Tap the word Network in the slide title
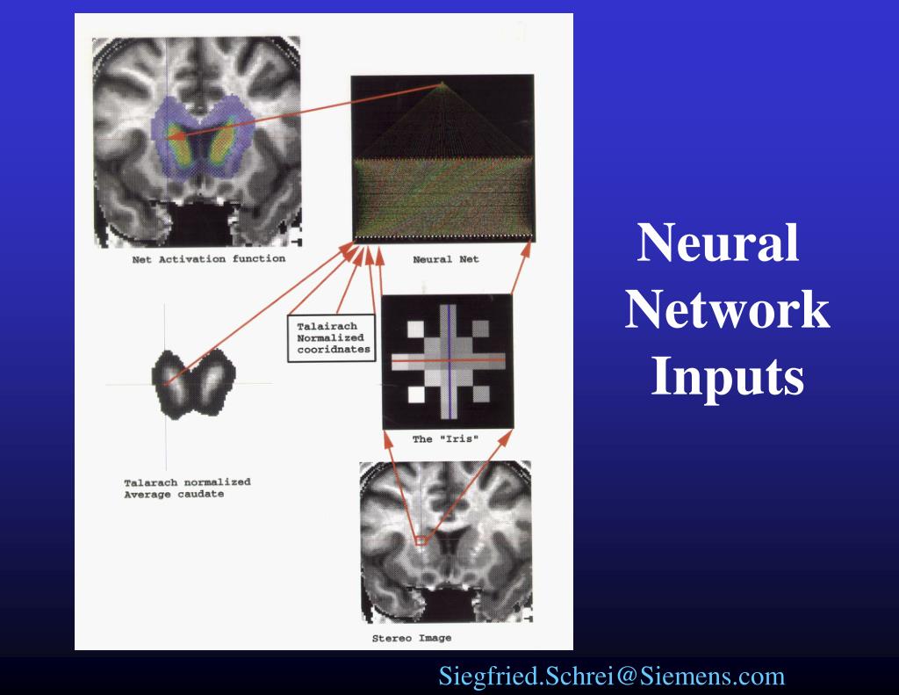coord(727,310)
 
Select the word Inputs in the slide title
coord(727,378)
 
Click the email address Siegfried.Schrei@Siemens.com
coord(611,677)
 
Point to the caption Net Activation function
coord(208,259)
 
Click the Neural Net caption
coord(446,260)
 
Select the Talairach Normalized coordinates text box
coord(329,337)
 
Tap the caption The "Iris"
coord(446,439)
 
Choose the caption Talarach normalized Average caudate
coord(187,488)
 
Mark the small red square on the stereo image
coord(421,541)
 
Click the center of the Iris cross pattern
coord(448,360)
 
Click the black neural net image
coord(442,158)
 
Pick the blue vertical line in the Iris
coord(449,387)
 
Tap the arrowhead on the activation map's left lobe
coord(172,136)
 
